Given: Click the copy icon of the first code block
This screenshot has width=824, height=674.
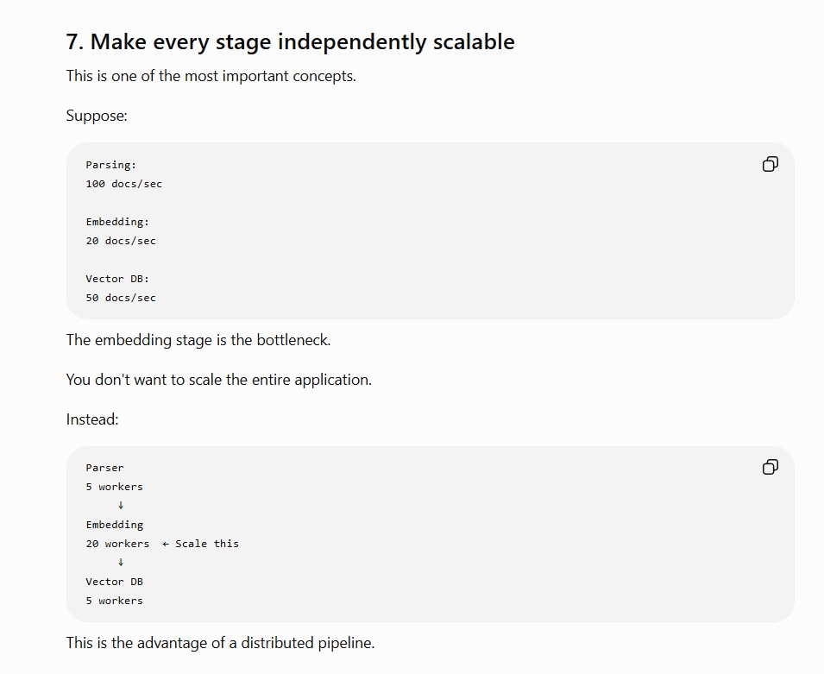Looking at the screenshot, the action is (770, 164).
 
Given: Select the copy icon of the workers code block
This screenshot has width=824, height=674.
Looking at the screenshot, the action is (770, 467).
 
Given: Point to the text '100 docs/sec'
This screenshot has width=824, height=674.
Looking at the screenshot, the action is (124, 184).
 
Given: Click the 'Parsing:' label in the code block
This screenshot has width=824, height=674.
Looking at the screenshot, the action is (111, 165).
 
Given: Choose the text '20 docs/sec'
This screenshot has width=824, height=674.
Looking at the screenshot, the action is (121, 241).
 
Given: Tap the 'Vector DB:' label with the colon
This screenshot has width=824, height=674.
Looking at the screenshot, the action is (117, 279).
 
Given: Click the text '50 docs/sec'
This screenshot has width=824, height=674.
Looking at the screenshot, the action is (121, 298).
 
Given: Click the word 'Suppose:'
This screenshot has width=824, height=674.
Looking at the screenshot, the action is (97, 116).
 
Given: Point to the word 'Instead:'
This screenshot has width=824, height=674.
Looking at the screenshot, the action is (92, 419).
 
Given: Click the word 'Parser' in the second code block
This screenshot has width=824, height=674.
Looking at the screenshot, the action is (105, 468).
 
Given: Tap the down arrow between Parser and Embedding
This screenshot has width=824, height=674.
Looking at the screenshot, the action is (121, 505).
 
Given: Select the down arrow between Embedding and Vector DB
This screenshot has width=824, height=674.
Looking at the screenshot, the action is (121, 562).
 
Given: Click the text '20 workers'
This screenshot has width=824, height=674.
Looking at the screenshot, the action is (117, 544).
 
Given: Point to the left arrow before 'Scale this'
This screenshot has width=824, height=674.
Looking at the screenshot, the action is (166, 545).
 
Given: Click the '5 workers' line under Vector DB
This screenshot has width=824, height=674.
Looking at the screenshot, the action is (115, 601).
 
